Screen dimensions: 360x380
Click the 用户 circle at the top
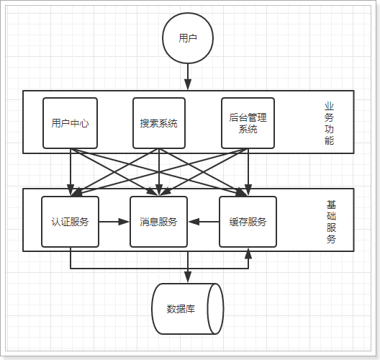(x=187, y=37)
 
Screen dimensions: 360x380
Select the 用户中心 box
(x=70, y=123)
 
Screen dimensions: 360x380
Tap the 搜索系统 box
(x=158, y=123)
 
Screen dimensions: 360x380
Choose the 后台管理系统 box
(x=248, y=123)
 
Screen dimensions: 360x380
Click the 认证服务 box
(x=70, y=222)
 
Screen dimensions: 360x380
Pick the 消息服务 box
(x=158, y=222)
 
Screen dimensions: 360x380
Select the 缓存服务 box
(x=248, y=222)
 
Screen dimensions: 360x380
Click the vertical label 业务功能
(x=329, y=123)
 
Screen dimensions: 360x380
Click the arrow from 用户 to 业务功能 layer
(x=187, y=75)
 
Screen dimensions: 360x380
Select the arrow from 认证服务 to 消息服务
(x=114, y=222)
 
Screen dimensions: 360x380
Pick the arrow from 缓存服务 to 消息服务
(x=203, y=222)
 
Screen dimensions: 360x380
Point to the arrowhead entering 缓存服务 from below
(x=248, y=253)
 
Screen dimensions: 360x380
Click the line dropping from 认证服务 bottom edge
(x=70, y=258)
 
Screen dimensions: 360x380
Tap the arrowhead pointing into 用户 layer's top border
(x=187, y=86)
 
